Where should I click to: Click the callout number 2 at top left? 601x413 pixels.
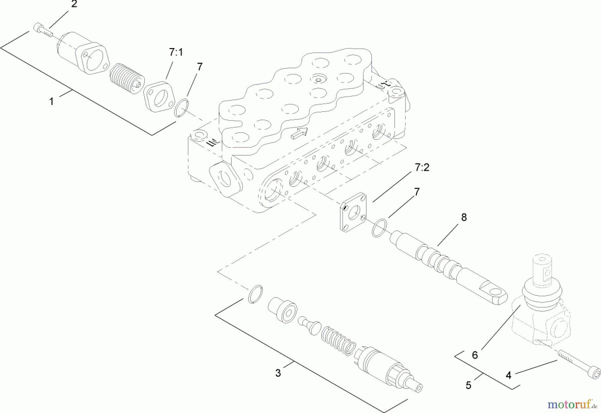tap(74, 4)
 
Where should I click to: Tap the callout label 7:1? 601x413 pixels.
tap(176, 52)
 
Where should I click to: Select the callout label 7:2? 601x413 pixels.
tap(422, 167)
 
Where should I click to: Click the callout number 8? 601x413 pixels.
tap(464, 217)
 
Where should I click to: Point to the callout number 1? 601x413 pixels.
tap(51, 101)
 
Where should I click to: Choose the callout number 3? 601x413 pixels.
tap(278, 373)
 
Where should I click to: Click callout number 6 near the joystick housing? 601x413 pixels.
tap(475, 355)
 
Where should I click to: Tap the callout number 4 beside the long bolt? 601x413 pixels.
tap(508, 376)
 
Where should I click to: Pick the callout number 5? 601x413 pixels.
tap(468, 386)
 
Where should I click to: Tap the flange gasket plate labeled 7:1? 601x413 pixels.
tap(160, 97)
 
